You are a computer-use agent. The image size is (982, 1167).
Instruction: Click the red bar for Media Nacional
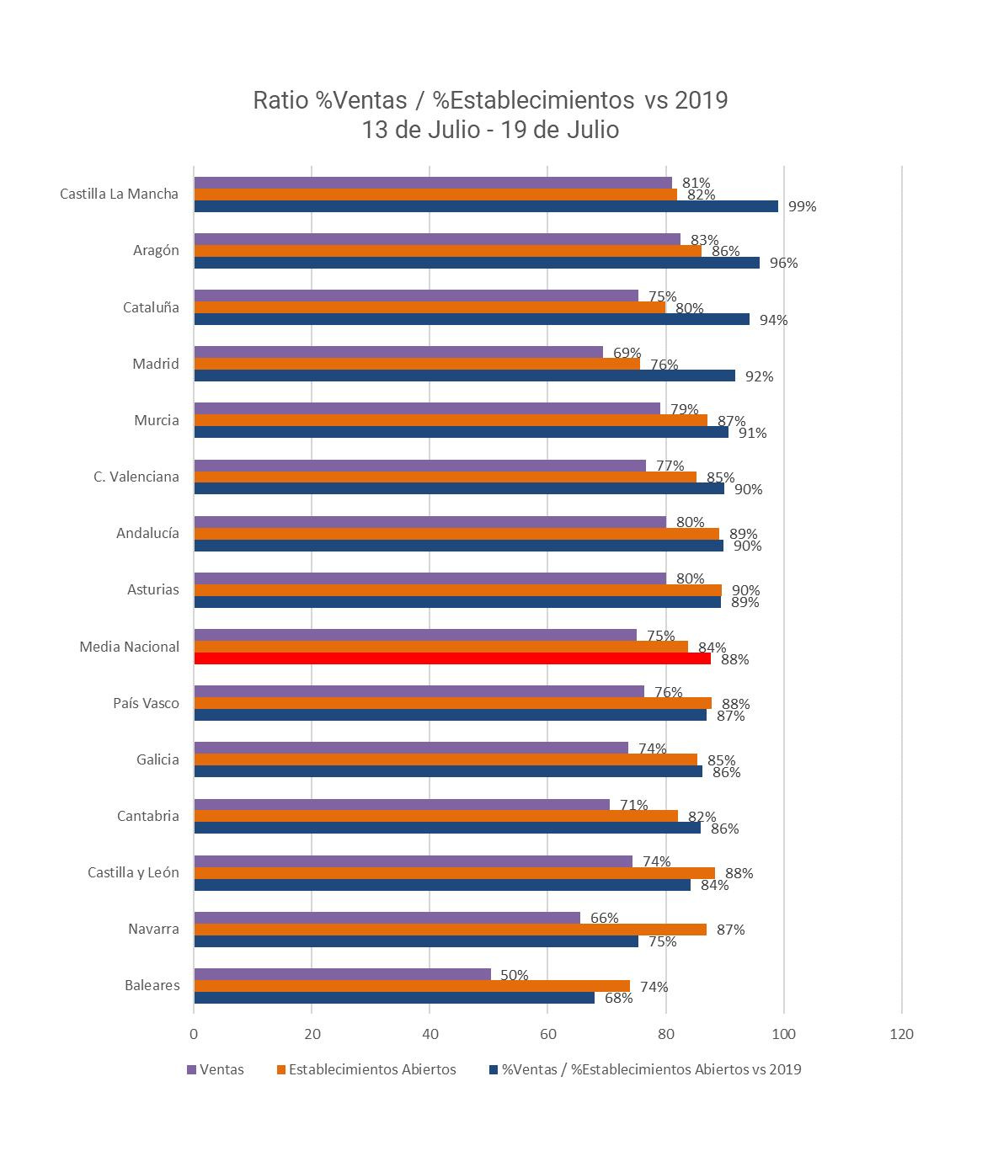452,658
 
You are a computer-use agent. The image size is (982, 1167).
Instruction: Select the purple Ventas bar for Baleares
342,974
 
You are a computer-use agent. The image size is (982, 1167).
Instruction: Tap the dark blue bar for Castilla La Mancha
486,206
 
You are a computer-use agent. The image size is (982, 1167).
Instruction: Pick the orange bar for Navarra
450,930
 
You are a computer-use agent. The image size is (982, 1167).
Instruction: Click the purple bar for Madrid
398,352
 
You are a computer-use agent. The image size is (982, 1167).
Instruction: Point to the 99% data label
802,206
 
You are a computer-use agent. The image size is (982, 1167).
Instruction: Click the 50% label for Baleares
514,975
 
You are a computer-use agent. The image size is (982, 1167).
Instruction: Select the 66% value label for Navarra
604,918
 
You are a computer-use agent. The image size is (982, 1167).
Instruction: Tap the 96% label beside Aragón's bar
783,263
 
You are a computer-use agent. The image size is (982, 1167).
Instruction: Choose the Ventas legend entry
215,1069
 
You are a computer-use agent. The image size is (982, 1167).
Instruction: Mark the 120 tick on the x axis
901,1034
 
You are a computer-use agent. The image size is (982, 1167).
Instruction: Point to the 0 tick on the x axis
194,1034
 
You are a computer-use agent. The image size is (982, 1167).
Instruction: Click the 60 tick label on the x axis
547,1034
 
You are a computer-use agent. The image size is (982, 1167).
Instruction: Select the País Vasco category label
146,703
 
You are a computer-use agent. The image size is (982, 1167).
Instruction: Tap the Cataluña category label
151,307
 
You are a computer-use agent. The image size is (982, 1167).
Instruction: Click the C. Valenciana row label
136,477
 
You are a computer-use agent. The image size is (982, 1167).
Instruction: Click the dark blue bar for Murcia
461,432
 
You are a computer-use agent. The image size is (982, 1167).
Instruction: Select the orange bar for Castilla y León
454,873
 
